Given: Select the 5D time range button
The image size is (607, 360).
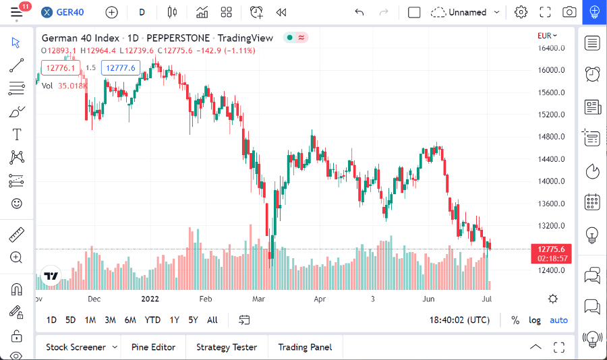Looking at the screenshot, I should pyautogui.click(x=70, y=320).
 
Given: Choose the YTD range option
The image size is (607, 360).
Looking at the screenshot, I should pyautogui.click(x=152, y=320).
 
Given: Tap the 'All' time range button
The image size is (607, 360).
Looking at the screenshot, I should pyautogui.click(x=212, y=320).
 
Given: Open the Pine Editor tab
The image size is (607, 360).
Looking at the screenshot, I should pyautogui.click(x=153, y=347).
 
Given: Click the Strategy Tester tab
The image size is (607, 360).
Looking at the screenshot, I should pyautogui.click(x=227, y=347).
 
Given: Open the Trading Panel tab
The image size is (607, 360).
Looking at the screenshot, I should pyautogui.click(x=305, y=347).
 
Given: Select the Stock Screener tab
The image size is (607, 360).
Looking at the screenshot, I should pyautogui.click(x=76, y=347).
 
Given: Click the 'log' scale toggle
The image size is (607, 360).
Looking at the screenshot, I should pyautogui.click(x=535, y=320).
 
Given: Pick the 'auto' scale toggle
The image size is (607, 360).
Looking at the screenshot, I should pyautogui.click(x=558, y=320).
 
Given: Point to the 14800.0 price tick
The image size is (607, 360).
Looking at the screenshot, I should pyautogui.click(x=550, y=137).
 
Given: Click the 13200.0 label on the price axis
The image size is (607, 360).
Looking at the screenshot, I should pyautogui.click(x=550, y=226).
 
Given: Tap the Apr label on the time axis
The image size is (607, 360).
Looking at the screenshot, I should pyautogui.click(x=320, y=299).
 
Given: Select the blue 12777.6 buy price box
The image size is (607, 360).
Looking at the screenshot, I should pyautogui.click(x=121, y=67).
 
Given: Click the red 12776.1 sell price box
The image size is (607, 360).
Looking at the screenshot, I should pyautogui.click(x=61, y=67).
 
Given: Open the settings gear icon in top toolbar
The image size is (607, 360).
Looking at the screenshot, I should pyautogui.click(x=521, y=12).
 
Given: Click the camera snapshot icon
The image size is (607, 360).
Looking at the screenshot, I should pyautogui.click(x=570, y=12).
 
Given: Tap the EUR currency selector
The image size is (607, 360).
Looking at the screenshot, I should pyautogui.click(x=546, y=36).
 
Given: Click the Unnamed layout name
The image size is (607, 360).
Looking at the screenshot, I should pyautogui.click(x=467, y=12).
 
